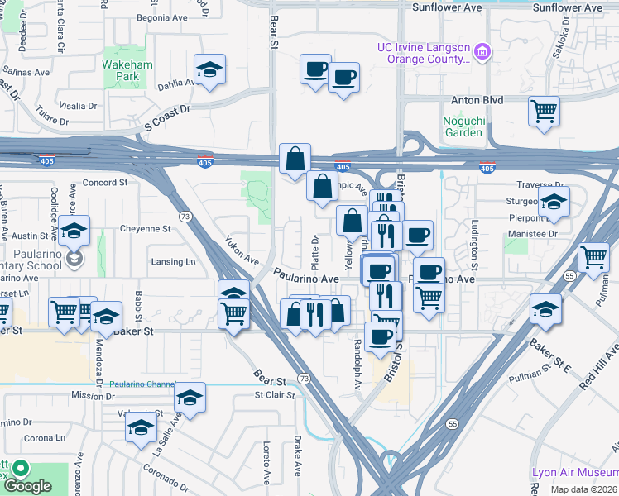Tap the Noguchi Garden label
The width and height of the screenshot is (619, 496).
pos(463,126)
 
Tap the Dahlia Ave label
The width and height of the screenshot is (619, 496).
pos(180,83)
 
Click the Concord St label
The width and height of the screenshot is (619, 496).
pos(104,182)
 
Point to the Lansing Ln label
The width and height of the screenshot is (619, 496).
pos(173,262)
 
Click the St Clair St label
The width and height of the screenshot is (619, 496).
pos(275,395)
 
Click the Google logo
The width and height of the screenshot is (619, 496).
pos(28,486)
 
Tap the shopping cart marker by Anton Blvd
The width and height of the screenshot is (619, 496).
pos(544,111)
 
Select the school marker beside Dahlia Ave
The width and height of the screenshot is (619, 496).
pos(210,69)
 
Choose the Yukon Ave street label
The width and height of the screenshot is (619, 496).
pos(241,250)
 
